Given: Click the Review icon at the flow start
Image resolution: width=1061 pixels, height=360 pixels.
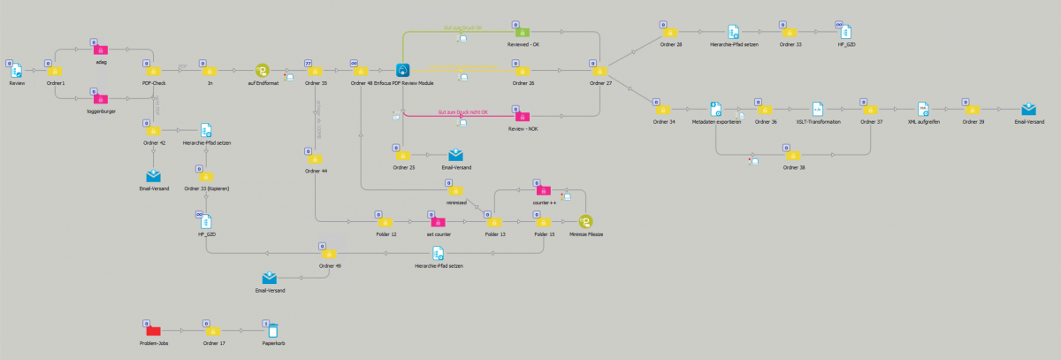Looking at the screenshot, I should point(17,71).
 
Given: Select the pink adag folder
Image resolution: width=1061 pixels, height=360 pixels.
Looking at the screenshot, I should point(100,50).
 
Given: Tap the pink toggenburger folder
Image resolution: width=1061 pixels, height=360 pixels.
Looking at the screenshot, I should point(100,99).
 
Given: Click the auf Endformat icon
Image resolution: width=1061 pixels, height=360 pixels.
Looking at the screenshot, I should point(262,71).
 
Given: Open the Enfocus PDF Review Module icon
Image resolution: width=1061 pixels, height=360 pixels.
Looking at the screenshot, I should point(402,71).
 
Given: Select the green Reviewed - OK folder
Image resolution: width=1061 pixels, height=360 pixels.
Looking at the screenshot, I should point(523,33).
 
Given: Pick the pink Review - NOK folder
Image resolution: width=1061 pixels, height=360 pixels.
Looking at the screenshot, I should point(523,115).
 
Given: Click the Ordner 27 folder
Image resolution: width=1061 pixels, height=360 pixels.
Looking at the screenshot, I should point(601,71).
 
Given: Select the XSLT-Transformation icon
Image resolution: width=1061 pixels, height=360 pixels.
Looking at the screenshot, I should point(818,109).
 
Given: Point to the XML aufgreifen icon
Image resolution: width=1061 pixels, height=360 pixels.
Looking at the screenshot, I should point(923,109).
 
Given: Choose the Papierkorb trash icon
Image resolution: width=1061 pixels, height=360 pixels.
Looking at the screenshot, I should point(273,331).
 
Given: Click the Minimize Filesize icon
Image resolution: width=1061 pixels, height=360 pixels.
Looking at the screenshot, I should point(585,221).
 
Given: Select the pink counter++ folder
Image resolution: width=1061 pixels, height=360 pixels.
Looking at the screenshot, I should point(543,189).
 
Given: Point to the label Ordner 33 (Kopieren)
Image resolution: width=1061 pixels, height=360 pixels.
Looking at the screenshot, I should point(207,188).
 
